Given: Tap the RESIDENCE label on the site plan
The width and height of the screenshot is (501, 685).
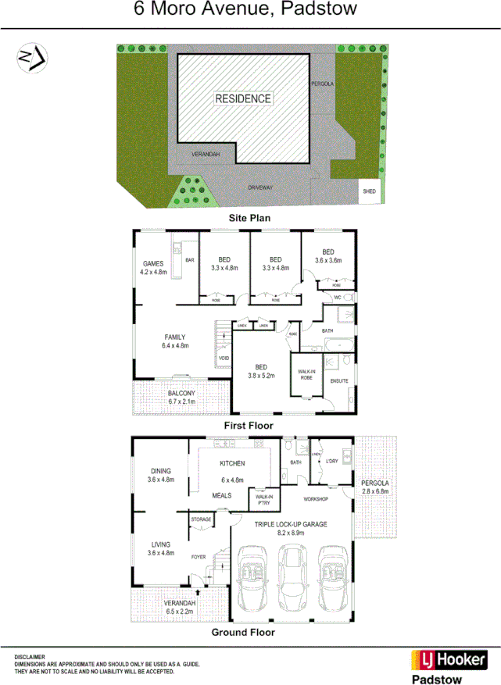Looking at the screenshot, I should tap(244, 98).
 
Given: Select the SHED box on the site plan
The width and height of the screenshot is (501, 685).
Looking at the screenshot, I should tap(369, 192).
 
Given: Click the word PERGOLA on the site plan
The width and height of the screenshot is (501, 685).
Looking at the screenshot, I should tap(323, 82).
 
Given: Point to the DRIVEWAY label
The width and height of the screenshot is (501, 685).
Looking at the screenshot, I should tap(261, 188).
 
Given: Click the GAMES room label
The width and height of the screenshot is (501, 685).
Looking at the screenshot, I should tap(153, 263).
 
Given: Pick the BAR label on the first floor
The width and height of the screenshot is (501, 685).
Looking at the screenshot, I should tap(189, 259).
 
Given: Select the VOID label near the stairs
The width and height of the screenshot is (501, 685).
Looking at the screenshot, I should tap(224, 359).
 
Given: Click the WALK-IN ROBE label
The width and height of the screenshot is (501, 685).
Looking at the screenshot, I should tap(302, 373).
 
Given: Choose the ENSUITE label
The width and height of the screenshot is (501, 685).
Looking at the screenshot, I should tap(338, 381).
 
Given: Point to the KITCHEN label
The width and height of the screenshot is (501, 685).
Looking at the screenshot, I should tap(232, 463).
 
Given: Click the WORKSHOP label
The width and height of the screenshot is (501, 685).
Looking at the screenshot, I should tap(315, 499).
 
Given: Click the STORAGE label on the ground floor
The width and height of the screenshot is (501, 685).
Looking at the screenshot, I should tap(202, 519).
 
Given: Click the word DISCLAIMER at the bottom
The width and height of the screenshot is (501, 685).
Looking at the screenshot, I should tap(29, 657).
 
